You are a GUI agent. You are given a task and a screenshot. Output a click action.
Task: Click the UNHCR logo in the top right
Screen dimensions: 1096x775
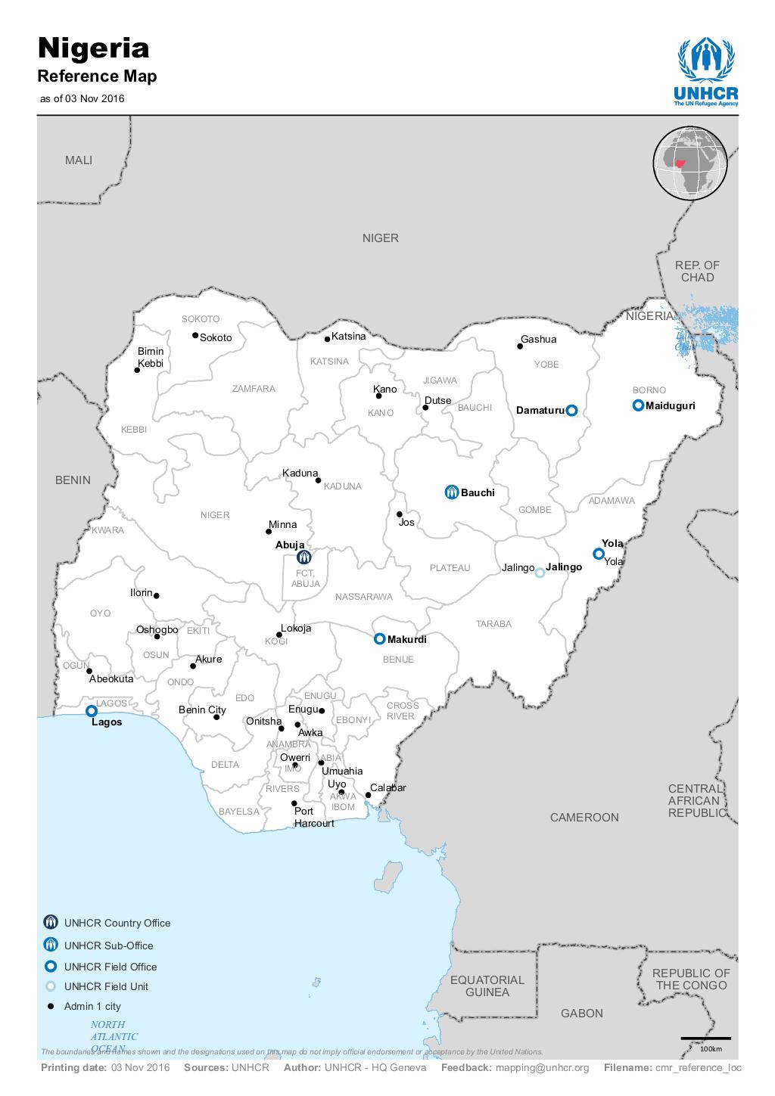click(706, 73)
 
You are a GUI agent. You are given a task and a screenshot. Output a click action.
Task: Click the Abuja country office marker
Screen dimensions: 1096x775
click(304, 557)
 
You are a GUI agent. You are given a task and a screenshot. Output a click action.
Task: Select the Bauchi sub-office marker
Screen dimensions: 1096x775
click(452, 492)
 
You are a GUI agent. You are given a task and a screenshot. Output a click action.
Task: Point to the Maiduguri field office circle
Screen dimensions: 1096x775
click(638, 405)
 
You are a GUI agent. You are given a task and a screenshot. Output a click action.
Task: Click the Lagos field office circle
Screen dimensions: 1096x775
click(92, 710)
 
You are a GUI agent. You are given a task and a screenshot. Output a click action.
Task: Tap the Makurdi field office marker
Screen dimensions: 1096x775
click(380, 639)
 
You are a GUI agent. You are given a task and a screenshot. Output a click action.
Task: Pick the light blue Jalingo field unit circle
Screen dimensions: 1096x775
click(540, 573)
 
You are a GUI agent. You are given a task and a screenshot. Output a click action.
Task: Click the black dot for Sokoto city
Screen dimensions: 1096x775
click(195, 335)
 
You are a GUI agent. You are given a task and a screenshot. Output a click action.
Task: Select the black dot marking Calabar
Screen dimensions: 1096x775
click(369, 794)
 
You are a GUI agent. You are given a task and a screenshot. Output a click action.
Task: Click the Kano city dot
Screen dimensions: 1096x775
click(378, 396)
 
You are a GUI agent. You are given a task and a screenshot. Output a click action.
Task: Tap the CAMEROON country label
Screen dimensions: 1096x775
click(584, 817)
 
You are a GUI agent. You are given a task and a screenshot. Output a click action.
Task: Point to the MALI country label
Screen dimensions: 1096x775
click(79, 160)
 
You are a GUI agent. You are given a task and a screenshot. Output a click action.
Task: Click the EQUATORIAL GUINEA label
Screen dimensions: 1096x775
click(487, 986)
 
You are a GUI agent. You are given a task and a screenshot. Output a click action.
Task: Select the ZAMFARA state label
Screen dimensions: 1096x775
click(254, 389)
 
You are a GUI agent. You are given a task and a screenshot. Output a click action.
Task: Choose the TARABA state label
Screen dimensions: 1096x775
click(493, 624)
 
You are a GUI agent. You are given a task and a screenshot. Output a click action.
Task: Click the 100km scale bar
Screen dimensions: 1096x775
click(705, 1039)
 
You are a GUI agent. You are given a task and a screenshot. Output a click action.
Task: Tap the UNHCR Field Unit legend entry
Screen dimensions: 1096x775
click(106, 986)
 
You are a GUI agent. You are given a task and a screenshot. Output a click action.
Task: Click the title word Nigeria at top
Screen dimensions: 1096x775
click(94, 48)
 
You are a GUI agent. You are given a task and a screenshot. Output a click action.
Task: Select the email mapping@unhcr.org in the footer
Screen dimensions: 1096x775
click(542, 1068)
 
